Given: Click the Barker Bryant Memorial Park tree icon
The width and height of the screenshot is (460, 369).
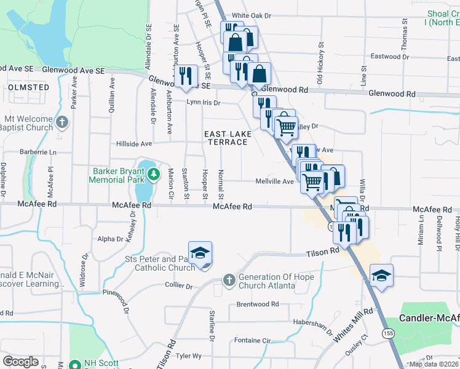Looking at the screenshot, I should tap(153, 176).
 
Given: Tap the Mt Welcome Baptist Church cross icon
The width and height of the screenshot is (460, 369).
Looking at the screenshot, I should tap(61, 122).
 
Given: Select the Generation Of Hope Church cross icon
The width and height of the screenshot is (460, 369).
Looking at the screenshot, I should tap(229, 280).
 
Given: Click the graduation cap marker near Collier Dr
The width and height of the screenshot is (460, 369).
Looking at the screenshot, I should tap(200, 253).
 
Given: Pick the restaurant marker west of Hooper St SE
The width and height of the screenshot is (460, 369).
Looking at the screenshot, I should tap(184, 75).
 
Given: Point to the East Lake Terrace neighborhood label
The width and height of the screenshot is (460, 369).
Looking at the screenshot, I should tap(226, 138).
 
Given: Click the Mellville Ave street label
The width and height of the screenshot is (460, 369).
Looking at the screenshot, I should tap(275, 181).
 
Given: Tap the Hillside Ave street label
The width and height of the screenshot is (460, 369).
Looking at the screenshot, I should tap(134, 143).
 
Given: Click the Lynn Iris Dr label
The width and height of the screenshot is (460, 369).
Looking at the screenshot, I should tap(204, 103).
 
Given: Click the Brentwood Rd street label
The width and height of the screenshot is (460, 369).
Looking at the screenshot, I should tap(258, 304).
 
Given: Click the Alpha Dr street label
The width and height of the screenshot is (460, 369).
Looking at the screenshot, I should tap(111, 239).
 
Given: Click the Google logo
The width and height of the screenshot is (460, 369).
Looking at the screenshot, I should tap(20, 362).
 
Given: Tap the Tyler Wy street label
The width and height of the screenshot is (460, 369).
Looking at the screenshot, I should tap(189, 356).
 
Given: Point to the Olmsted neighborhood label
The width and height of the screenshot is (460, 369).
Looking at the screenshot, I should tap(29, 88).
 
